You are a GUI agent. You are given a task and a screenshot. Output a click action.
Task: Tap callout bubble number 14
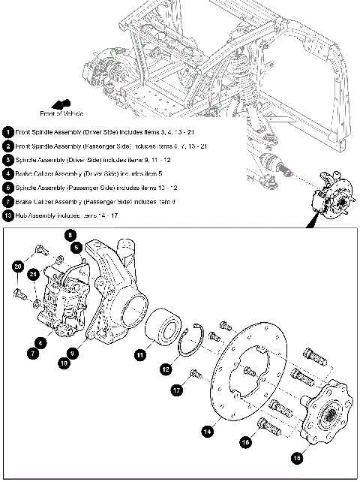pos(208,431)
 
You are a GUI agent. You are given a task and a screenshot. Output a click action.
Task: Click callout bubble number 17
pos(178,390)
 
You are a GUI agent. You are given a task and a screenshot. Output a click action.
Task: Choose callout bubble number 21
pos(34,275)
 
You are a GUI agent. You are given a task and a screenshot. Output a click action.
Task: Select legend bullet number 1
pos(8,131)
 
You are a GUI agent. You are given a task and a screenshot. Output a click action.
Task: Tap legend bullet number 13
pos(8,216)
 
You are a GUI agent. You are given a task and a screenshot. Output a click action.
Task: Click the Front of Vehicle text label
pos(61,113)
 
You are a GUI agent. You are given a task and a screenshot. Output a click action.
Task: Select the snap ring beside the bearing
pos(193,342)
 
